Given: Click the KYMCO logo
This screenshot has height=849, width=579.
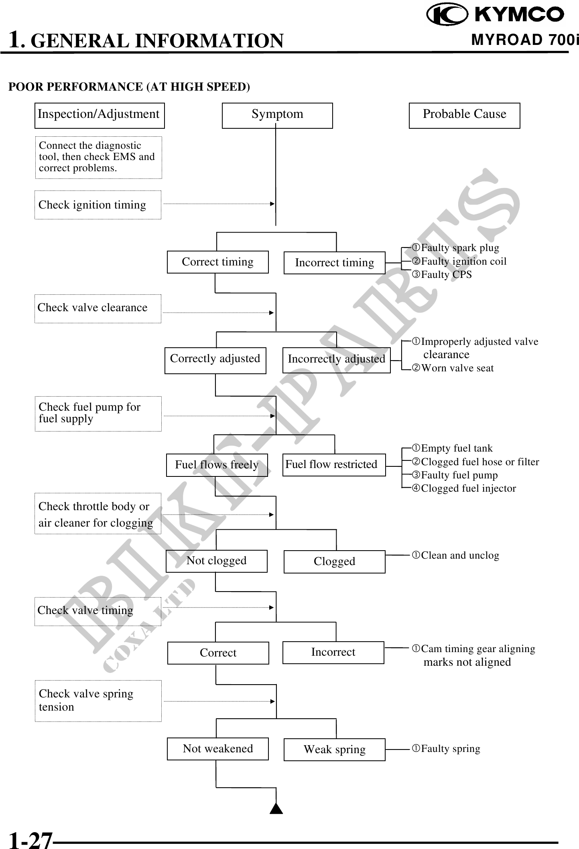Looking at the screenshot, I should (x=495, y=15).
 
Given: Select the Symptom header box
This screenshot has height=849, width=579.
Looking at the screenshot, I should (x=277, y=115).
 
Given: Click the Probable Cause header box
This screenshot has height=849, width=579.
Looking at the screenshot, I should (x=464, y=115).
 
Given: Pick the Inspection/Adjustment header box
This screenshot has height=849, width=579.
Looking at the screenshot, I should (x=99, y=115).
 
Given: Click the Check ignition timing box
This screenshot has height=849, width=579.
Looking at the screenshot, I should (x=98, y=205).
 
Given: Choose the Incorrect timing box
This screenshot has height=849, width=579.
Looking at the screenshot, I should (x=334, y=263).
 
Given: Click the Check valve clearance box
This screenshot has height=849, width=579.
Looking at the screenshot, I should (x=98, y=308).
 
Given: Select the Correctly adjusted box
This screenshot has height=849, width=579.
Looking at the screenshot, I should (x=215, y=360).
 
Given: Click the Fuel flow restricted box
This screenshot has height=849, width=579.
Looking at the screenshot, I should (x=334, y=465).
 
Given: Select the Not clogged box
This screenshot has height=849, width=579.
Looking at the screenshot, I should (x=216, y=561).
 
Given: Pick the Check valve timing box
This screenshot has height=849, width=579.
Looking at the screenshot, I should (x=98, y=611).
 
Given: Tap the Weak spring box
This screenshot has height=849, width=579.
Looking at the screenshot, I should (x=334, y=750).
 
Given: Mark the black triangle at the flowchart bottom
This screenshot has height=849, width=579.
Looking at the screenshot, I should (x=276, y=808).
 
